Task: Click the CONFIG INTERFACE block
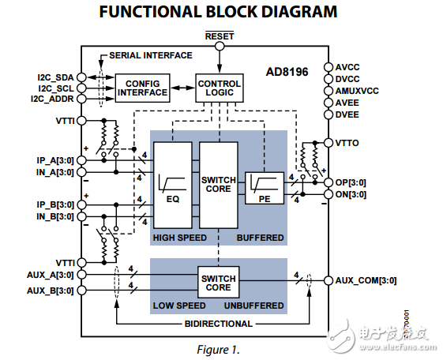click(143, 88)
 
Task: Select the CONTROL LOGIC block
click(219, 88)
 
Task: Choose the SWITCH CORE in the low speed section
click(219, 283)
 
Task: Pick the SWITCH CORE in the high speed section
click(219, 185)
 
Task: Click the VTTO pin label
click(349, 142)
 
